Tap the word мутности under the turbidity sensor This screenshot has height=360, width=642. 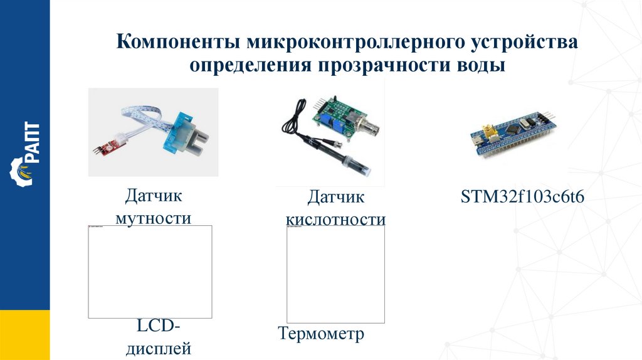153,218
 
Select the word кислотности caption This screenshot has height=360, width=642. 335,220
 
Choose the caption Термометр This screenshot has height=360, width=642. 320,334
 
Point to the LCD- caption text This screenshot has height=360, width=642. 158,327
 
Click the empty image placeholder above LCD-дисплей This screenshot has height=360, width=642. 150,272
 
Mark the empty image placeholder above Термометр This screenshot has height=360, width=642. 335,274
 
